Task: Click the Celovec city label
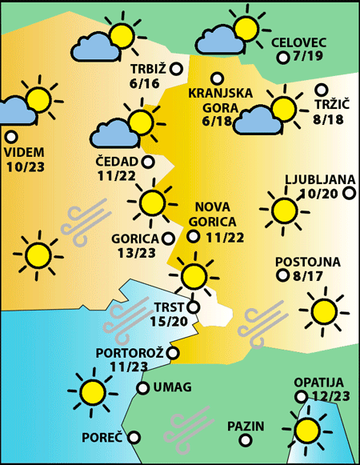pos(298,42)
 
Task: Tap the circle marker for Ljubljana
pos(348,193)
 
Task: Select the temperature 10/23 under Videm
pos(26,166)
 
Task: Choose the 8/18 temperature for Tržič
pos(330,119)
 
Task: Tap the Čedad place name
pos(116,162)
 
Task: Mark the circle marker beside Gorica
pos(168,238)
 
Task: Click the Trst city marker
pos(193,306)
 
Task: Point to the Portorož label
pos(129,353)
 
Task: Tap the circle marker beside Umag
pos(142,388)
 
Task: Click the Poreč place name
pos(102,438)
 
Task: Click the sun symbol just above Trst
pos(192,275)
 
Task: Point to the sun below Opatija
pos(306,431)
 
